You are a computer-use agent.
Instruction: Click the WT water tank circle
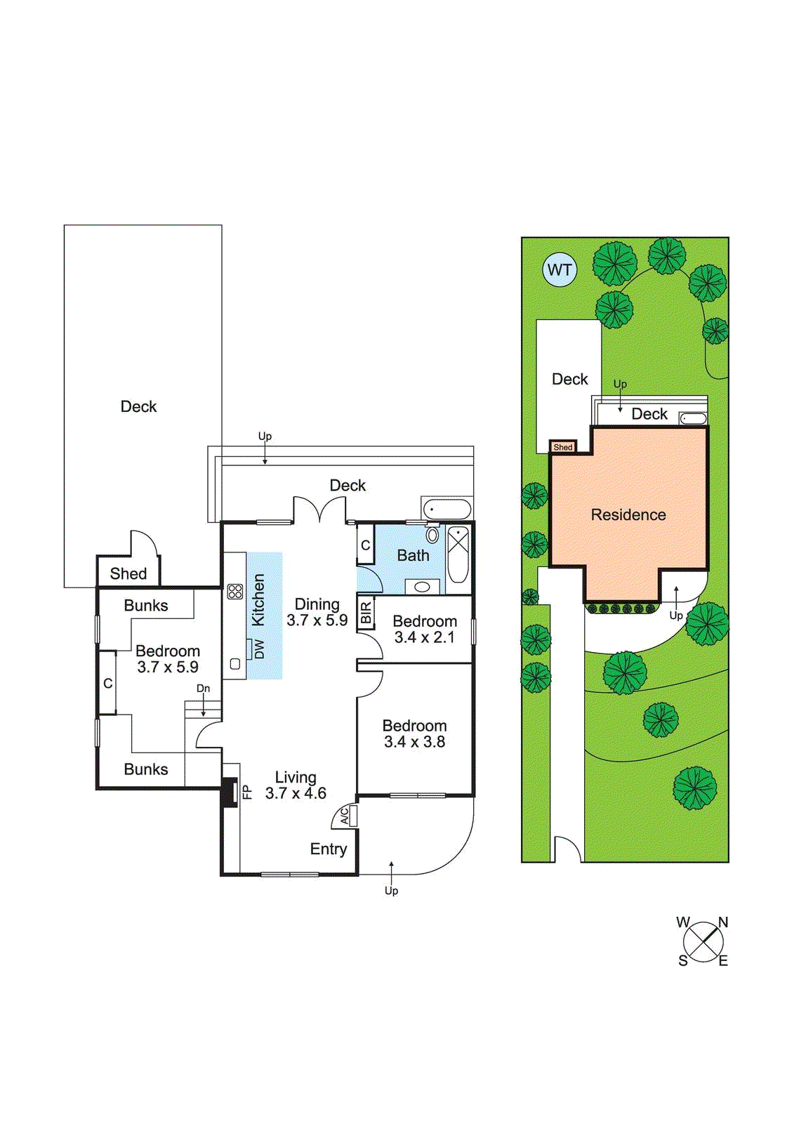(x=560, y=270)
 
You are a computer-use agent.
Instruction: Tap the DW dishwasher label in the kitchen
(x=259, y=651)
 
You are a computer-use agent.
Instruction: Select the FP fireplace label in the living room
(x=247, y=792)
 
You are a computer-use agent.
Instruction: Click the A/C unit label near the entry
(x=345, y=817)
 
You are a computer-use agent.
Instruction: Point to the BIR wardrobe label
(x=366, y=612)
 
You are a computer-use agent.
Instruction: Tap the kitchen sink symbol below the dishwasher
(x=234, y=664)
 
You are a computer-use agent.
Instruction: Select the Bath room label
(x=413, y=555)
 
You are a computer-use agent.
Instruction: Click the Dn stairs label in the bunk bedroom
(x=203, y=689)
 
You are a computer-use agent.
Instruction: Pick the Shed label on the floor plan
(x=128, y=573)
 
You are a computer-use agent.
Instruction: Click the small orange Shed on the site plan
(x=563, y=447)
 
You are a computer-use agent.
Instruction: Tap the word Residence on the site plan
(x=628, y=514)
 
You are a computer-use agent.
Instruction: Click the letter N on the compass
(x=723, y=922)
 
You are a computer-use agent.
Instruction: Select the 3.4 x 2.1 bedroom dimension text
(x=424, y=638)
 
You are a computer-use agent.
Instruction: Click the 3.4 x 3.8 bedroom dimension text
(x=414, y=742)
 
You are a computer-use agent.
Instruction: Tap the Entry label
(x=329, y=849)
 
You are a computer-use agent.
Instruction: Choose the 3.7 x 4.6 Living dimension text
(x=296, y=793)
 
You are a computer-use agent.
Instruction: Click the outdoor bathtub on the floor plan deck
(x=446, y=510)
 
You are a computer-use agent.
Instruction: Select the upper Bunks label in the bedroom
(x=146, y=606)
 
